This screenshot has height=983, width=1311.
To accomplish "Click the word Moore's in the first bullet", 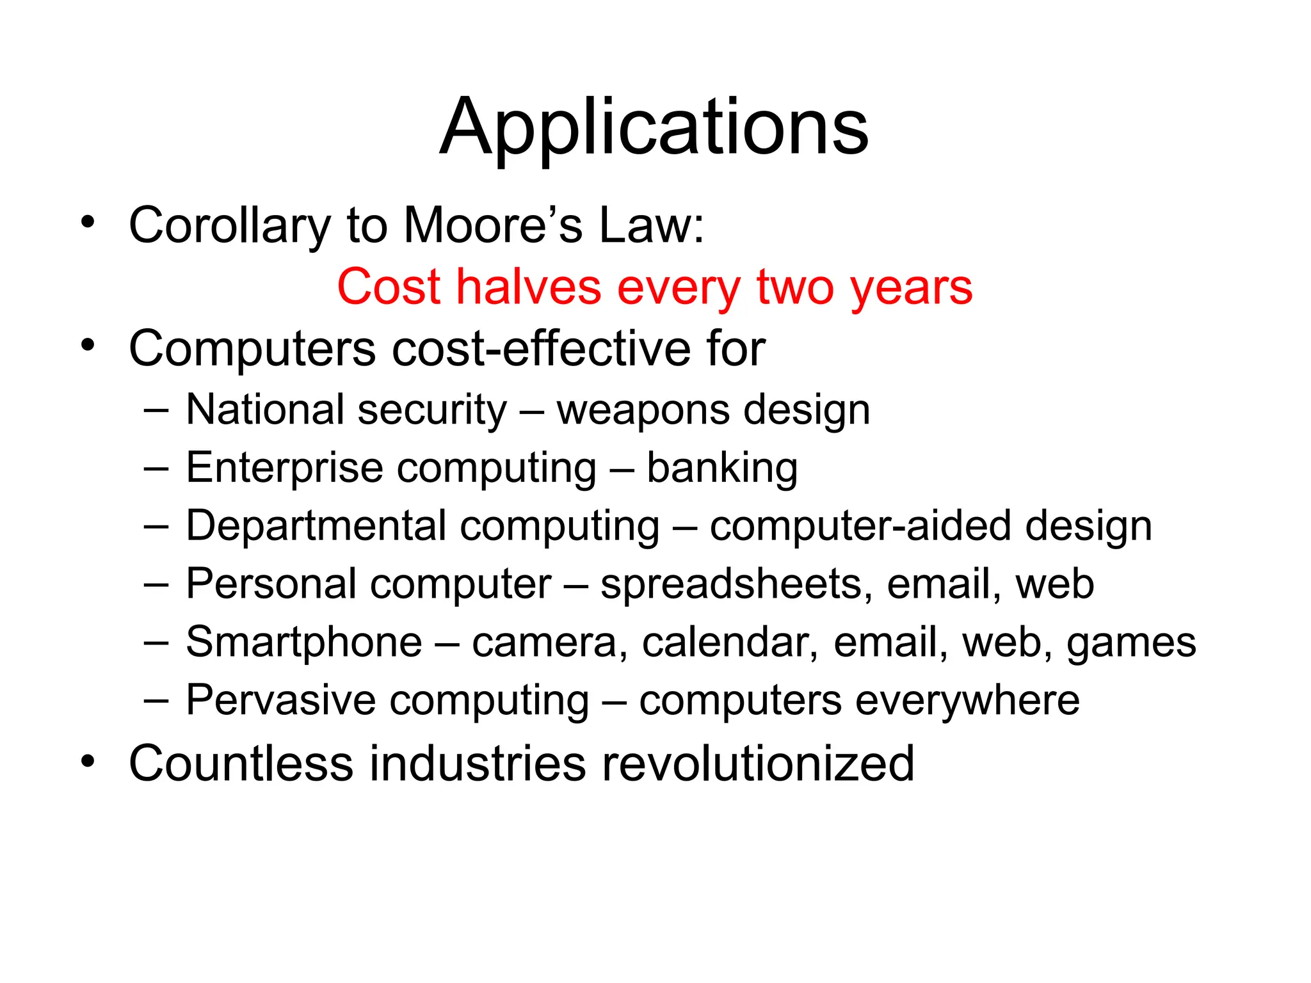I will pos(493,225).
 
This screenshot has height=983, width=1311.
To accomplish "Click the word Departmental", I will pos(316,526).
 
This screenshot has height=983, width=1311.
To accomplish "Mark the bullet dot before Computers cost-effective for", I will pos(88,346).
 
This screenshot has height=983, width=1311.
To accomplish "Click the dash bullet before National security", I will pos(156,410).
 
